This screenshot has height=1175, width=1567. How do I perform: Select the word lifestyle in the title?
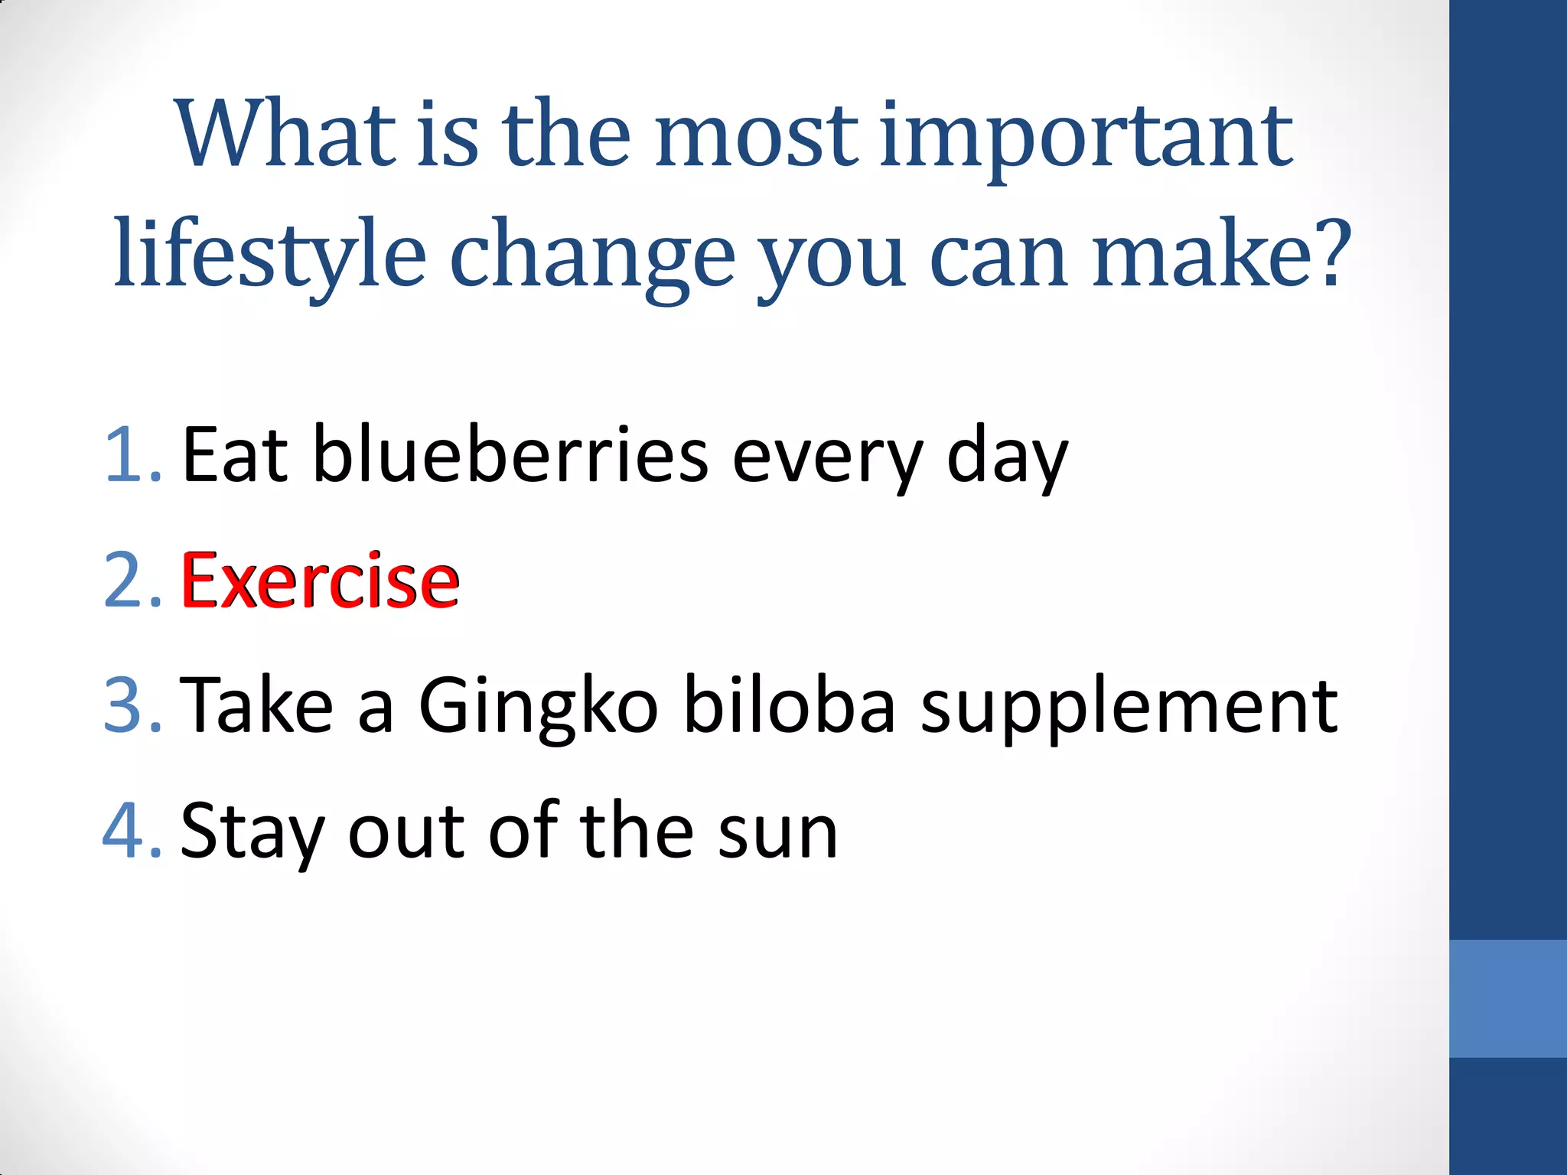[x=269, y=255]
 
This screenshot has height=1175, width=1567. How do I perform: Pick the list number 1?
[x=130, y=456]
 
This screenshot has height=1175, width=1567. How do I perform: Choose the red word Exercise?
[x=320, y=581]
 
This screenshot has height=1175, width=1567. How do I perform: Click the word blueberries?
[x=510, y=456]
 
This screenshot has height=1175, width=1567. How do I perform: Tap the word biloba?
[x=788, y=705]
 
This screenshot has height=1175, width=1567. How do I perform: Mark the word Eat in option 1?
[x=234, y=456]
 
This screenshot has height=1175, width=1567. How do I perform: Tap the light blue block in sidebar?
[x=1507, y=998]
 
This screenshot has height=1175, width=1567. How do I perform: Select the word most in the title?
[x=757, y=136]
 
